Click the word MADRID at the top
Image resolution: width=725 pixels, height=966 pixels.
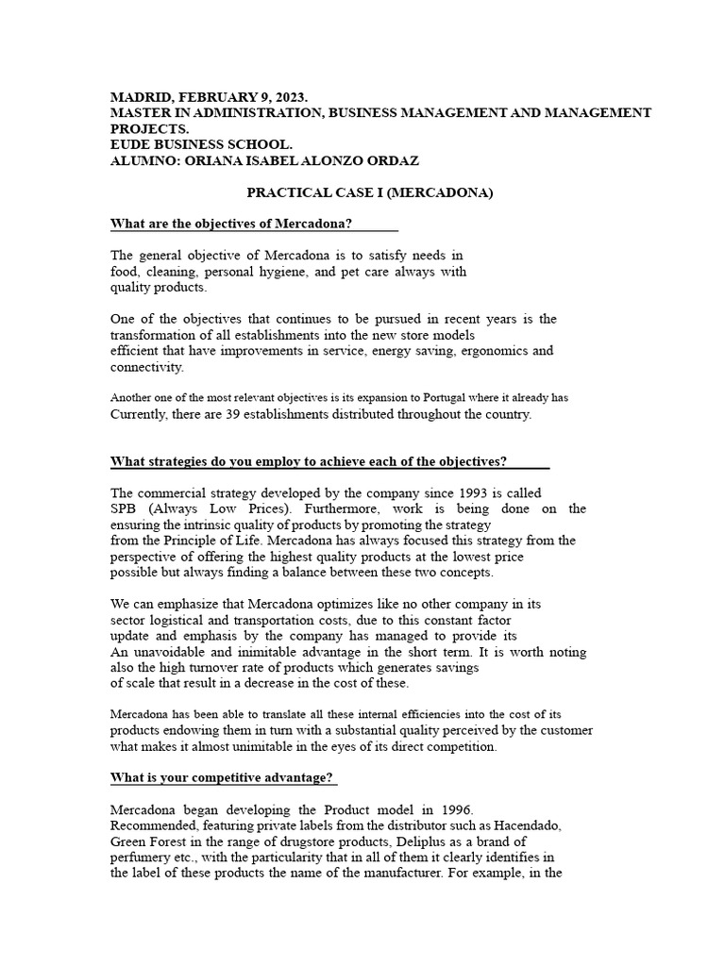[x=139, y=97]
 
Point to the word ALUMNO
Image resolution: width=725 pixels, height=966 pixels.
[x=143, y=160]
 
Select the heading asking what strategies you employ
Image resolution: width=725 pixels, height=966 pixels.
[x=309, y=461]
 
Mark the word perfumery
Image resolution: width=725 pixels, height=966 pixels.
[x=143, y=858]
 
